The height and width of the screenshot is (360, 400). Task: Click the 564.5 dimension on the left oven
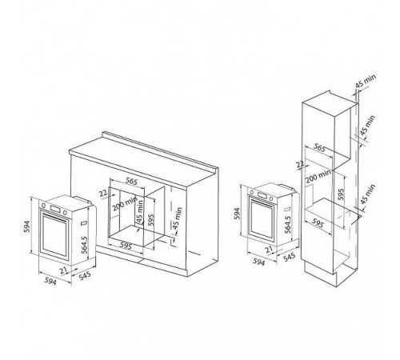[84, 245]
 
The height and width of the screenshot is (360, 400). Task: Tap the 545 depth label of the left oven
[85, 276]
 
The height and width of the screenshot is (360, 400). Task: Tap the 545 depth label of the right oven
[289, 258]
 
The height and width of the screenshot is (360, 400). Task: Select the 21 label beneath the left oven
[63, 270]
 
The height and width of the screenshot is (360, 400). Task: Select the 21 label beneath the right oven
[270, 250]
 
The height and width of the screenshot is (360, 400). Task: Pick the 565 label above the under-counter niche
[131, 182]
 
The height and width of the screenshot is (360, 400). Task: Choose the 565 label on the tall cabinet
[319, 147]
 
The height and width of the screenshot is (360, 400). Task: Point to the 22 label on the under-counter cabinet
[103, 193]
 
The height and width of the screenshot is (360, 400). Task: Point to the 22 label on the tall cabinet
[301, 164]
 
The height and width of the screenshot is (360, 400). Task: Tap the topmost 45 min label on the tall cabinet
[366, 81]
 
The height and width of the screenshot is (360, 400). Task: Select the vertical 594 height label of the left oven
[27, 226]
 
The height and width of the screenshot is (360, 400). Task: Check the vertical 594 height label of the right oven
[237, 214]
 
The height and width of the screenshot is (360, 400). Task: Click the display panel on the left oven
[54, 209]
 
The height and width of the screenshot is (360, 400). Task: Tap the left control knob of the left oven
[43, 205]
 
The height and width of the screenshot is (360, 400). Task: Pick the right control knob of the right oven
[271, 198]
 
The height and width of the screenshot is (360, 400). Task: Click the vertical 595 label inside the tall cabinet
[341, 194]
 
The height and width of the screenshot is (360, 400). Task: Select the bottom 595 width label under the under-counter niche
[126, 246]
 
